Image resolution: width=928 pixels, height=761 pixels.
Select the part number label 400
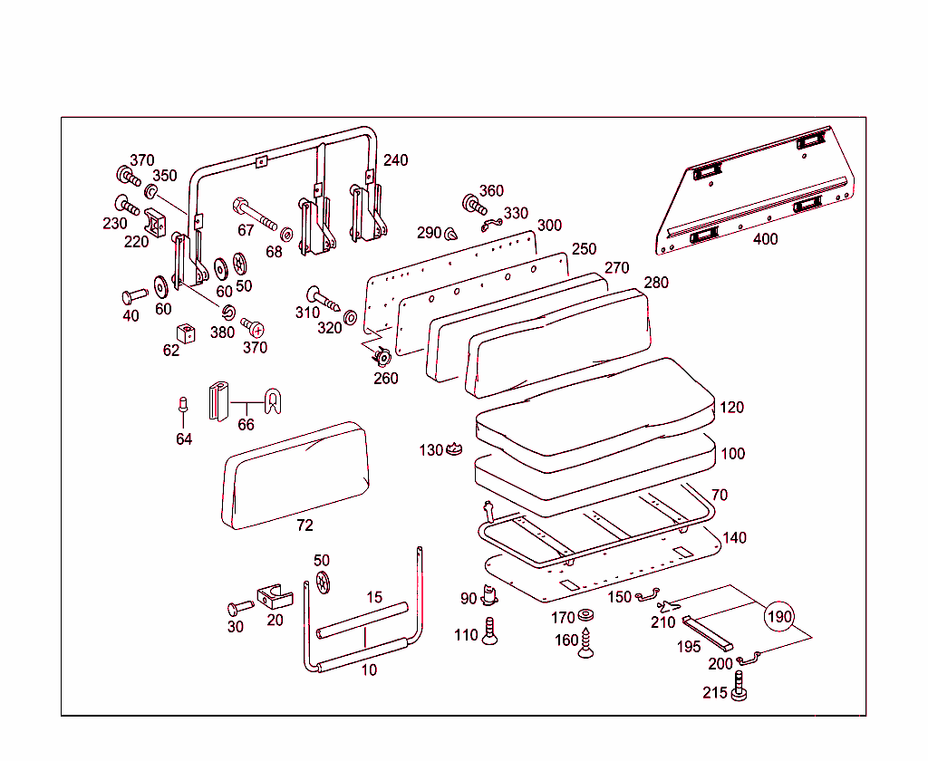(765, 239)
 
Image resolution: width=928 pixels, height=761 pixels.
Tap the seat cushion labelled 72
(296, 475)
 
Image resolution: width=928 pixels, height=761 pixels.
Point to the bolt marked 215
(740, 686)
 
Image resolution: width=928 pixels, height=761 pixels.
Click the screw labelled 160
(586, 644)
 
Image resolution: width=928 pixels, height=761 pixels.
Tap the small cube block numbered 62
(187, 332)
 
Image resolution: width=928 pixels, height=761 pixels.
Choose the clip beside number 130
(455, 448)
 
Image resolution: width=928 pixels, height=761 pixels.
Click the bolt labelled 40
(133, 295)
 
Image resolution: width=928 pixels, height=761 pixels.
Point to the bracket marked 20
(274, 597)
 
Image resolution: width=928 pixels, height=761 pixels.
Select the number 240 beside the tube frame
(395, 160)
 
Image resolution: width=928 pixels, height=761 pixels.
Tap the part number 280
(656, 283)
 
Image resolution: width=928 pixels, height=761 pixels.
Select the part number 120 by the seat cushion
(732, 407)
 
